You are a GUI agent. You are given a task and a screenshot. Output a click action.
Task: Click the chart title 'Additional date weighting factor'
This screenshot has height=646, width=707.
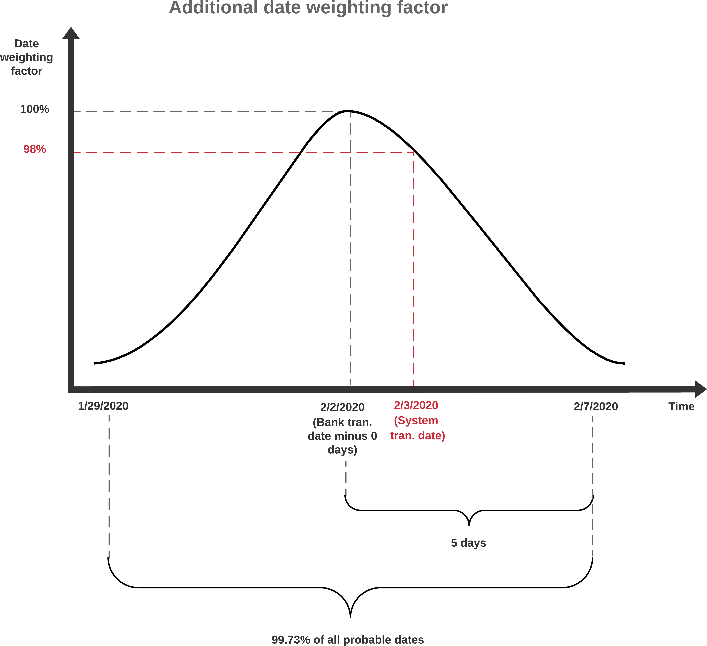click(308, 8)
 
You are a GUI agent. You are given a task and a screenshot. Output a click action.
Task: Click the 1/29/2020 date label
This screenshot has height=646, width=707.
click(103, 406)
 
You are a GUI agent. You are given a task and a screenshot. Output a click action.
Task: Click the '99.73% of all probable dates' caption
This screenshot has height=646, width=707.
click(348, 640)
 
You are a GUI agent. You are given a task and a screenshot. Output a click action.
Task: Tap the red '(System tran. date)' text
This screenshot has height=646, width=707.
click(417, 428)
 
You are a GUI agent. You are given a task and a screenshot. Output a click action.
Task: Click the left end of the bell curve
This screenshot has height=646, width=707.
click(95, 363)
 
